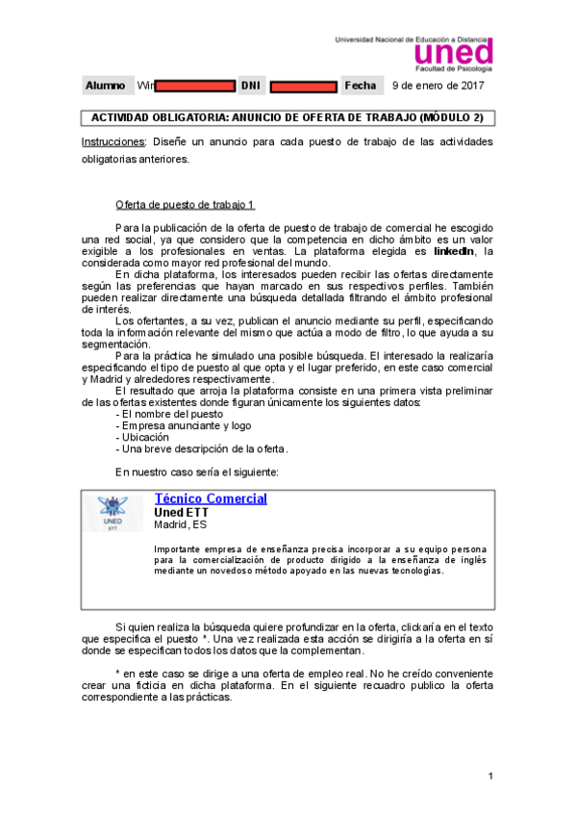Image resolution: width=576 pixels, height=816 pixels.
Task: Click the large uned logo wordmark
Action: [x=452, y=52]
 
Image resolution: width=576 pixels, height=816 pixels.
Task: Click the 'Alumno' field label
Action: [x=105, y=86]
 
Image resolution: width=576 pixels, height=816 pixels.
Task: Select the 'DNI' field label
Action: [x=250, y=86]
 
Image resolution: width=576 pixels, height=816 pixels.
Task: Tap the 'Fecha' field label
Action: [x=361, y=86]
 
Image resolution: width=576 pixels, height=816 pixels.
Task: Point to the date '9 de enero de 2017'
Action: [x=438, y=86]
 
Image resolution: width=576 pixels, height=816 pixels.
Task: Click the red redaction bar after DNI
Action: [x=303, y=87]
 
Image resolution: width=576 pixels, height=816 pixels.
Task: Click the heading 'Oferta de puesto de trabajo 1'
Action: [x=185, y=205]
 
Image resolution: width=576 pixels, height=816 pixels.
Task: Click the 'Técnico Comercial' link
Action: [x=211, y=498]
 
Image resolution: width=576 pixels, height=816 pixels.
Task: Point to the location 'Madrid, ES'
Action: [x=180, y=524]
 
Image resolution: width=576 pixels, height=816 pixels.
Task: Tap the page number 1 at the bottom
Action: [x=490, y=776]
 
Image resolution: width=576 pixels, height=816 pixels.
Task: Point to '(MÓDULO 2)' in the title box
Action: [x=451, y=118]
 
